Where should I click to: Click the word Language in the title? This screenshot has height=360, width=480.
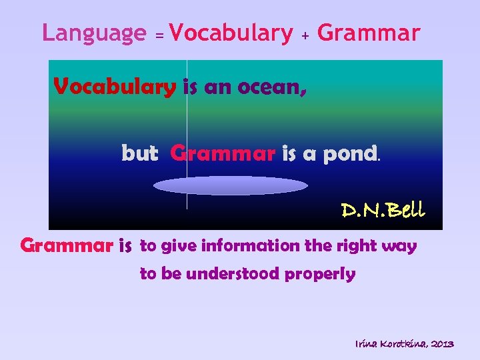pos(93,33)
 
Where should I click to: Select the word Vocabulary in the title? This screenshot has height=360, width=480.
pos(231,33)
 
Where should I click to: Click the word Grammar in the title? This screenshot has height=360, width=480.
pos(369,33)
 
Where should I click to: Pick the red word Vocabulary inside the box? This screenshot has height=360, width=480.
pos(115,87)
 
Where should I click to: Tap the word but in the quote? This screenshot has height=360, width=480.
pos(139,154)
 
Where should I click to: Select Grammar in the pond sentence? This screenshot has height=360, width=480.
pos(223,154)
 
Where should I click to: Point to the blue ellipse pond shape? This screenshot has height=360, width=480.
pos(221,185)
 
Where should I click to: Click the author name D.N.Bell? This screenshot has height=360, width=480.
pos(383,211)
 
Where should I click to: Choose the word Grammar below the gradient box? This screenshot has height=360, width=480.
pos(66,247)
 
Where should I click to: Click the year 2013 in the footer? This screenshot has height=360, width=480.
pos(442,344)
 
